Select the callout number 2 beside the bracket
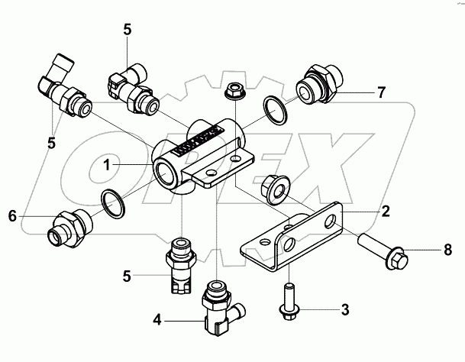386,210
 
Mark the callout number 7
380,93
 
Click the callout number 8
447,249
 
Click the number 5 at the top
127,29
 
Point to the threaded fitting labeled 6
68,227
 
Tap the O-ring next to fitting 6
113,204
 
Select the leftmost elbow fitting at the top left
63,90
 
